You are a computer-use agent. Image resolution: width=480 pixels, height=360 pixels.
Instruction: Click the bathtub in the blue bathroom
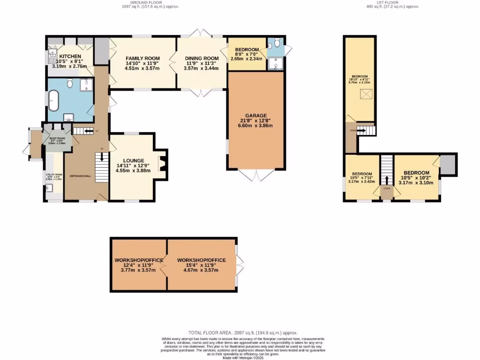pos(53,101)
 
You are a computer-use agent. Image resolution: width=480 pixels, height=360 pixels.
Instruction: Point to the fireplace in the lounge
pos(162,165)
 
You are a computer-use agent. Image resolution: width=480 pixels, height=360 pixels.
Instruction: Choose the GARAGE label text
pos(255,115)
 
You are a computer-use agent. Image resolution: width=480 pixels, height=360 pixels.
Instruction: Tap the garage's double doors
pos(256,175)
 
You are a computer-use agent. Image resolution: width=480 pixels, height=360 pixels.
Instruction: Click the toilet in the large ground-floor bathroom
pos(70,83)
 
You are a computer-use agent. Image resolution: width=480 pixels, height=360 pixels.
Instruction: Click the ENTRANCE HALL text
pos(80,176)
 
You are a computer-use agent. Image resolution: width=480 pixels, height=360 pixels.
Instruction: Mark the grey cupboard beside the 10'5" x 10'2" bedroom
pos(448,165)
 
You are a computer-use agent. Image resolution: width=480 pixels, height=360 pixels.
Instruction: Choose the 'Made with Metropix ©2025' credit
pos(242,358)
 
